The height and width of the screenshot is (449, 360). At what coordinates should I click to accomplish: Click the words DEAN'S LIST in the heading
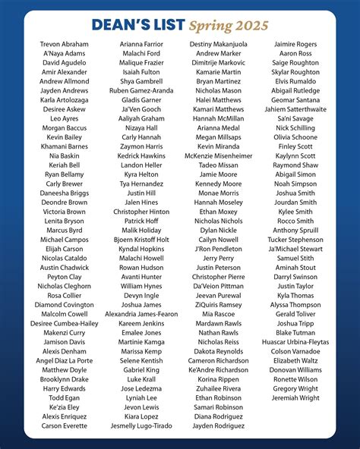[x=137, y=26]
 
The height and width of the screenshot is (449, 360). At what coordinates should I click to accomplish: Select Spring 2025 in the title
[x=229, y=26]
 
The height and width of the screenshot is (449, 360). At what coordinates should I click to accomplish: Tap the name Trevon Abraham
[x=64, y=45]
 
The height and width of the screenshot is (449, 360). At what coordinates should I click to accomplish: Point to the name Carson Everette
[x=64, y=426]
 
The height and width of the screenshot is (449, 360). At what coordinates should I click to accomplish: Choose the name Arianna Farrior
[x=141, y=45]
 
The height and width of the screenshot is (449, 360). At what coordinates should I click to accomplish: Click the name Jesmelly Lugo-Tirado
[x=141, y=426]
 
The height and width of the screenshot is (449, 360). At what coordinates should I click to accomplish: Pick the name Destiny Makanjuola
[x=218, y=45]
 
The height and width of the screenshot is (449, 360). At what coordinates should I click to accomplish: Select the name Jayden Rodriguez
[x=218, y=426]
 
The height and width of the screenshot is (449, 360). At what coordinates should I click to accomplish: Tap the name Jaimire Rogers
[x=295, y=45]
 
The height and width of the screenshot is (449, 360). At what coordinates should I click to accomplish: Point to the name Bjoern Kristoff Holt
[x=141, y=240]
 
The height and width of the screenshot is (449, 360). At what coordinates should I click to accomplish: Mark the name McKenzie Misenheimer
[x=218, y=155]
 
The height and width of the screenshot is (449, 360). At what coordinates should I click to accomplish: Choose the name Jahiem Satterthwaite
[x=295, y=109]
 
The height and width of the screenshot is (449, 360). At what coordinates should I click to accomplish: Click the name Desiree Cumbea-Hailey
[x=64, y=323]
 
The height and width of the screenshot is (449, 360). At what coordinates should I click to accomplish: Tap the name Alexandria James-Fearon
[x=141, y=314]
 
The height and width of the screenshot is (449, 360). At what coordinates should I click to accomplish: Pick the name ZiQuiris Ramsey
[x=218, y=305]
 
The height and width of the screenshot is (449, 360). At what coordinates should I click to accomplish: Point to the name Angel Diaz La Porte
[x=64, y=360]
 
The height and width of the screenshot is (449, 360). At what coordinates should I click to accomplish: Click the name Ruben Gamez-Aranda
[x=141, y=91]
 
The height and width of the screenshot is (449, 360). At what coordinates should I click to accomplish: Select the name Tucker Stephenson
[x=295, y=240]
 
